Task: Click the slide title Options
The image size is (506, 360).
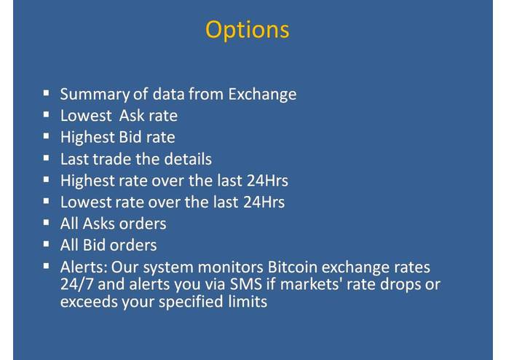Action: point(247,30)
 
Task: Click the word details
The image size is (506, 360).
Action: point(186,159)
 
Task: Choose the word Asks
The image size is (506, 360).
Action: point(99,224)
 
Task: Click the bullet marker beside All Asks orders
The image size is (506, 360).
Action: point(47,223)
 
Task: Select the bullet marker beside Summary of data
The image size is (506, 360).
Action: point(47,93)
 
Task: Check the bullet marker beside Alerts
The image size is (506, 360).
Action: point(47,266)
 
